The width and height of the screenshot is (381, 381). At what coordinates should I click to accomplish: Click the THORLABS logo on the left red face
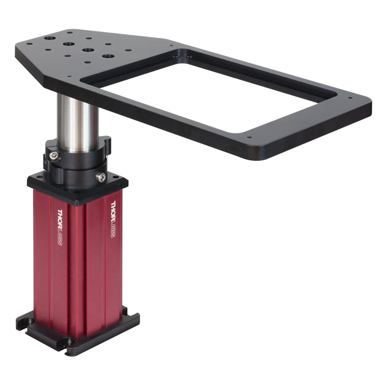60,227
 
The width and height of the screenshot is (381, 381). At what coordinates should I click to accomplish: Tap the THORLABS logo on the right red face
113,219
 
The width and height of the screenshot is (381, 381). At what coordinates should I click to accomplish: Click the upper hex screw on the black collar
55,156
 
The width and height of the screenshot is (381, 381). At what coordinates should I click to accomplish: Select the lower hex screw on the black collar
101,177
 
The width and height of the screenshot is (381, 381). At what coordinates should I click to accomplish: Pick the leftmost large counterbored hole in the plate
50,39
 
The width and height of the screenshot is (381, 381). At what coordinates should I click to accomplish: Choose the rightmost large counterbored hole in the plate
108,56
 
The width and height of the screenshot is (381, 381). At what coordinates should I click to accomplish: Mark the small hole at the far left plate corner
29,44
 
